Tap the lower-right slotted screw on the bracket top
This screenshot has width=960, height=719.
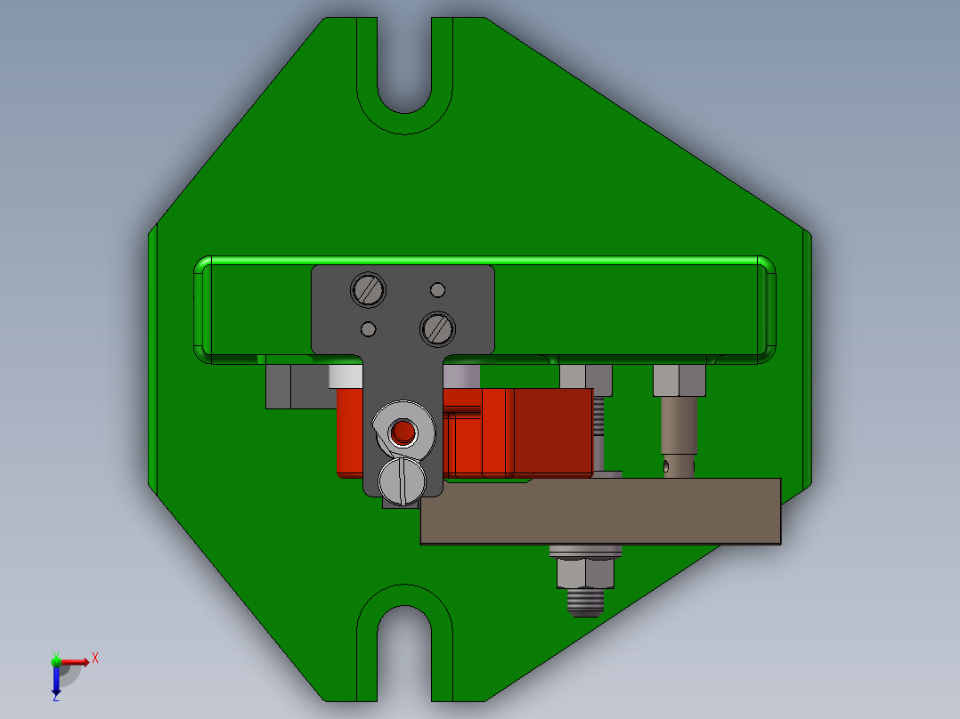tap(436, 328)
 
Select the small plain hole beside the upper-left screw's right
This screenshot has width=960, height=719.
tap(437, 290)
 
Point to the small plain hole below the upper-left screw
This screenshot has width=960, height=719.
tap(368, 329)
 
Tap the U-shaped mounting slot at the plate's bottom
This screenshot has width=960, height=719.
tap(405, 645)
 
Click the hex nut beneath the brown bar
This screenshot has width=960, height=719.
tap(585, 573)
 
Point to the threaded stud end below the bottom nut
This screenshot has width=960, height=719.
tap(585, 604)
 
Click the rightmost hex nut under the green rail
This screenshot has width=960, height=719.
tap(679, 380)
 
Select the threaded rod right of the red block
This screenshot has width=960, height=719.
tap(598, 436)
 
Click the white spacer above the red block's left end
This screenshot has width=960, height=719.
tap(346, 376)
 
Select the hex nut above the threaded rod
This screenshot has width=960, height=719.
tap(585, 379)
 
